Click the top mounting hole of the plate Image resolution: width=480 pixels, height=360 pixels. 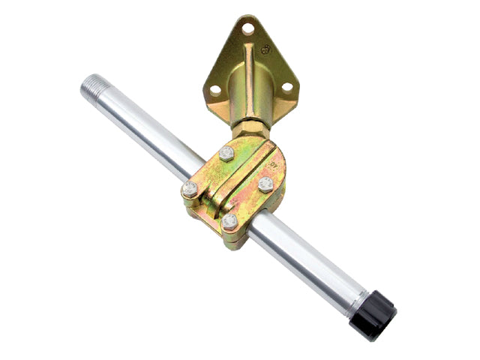tap(247, 28)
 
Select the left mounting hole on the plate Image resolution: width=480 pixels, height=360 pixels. tap(215, 89)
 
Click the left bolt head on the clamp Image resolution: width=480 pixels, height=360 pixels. tap(190, 189)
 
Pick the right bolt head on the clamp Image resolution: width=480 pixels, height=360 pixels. tap(265, 184)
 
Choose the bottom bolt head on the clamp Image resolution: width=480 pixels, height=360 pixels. tap(230, 222)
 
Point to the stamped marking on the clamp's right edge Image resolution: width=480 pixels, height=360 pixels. tap(275, 159)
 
